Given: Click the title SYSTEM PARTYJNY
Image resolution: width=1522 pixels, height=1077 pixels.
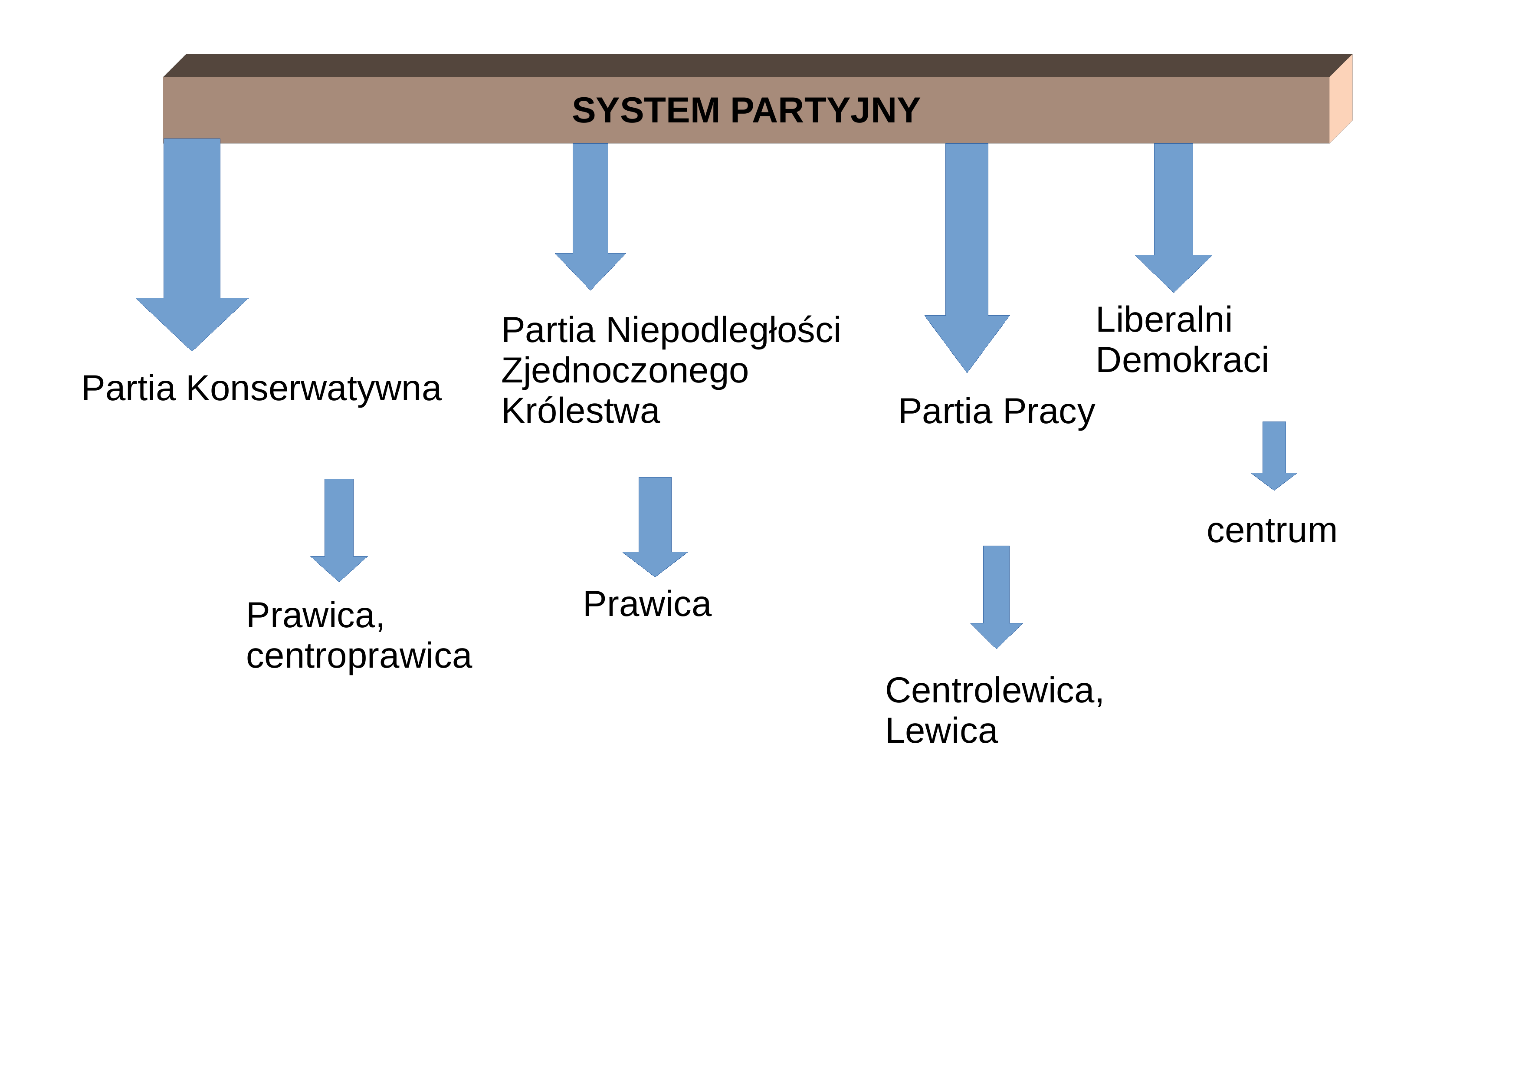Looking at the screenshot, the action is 746,110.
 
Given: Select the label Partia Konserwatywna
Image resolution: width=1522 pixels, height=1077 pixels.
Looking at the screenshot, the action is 261,388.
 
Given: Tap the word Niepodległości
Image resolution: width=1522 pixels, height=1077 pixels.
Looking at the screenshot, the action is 723,330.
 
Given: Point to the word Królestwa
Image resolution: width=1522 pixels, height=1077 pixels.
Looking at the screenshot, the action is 581,411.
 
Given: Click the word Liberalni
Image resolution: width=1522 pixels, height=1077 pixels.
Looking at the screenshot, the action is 1164,319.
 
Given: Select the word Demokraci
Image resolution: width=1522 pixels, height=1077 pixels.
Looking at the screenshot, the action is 1182,360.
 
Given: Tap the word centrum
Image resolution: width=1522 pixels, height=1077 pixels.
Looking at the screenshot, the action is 1271,530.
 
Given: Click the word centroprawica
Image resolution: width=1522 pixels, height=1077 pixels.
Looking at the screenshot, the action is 359,656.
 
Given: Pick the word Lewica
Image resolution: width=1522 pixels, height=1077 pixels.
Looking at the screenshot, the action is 941,731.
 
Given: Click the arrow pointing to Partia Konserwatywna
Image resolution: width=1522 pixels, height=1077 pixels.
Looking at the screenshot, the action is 192,245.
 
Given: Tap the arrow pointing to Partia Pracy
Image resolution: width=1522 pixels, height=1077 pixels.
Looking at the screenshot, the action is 967,258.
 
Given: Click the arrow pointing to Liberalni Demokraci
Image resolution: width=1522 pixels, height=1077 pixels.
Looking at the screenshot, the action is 1173,217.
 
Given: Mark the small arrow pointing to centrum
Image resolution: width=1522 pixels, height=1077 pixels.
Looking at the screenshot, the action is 1274,456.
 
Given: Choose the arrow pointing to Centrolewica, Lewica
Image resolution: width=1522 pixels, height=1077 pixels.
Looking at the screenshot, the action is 996,597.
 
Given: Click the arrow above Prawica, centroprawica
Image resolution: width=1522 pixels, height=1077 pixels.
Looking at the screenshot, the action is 339,530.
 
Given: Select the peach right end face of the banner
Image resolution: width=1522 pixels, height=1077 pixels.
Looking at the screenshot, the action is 1341,99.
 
